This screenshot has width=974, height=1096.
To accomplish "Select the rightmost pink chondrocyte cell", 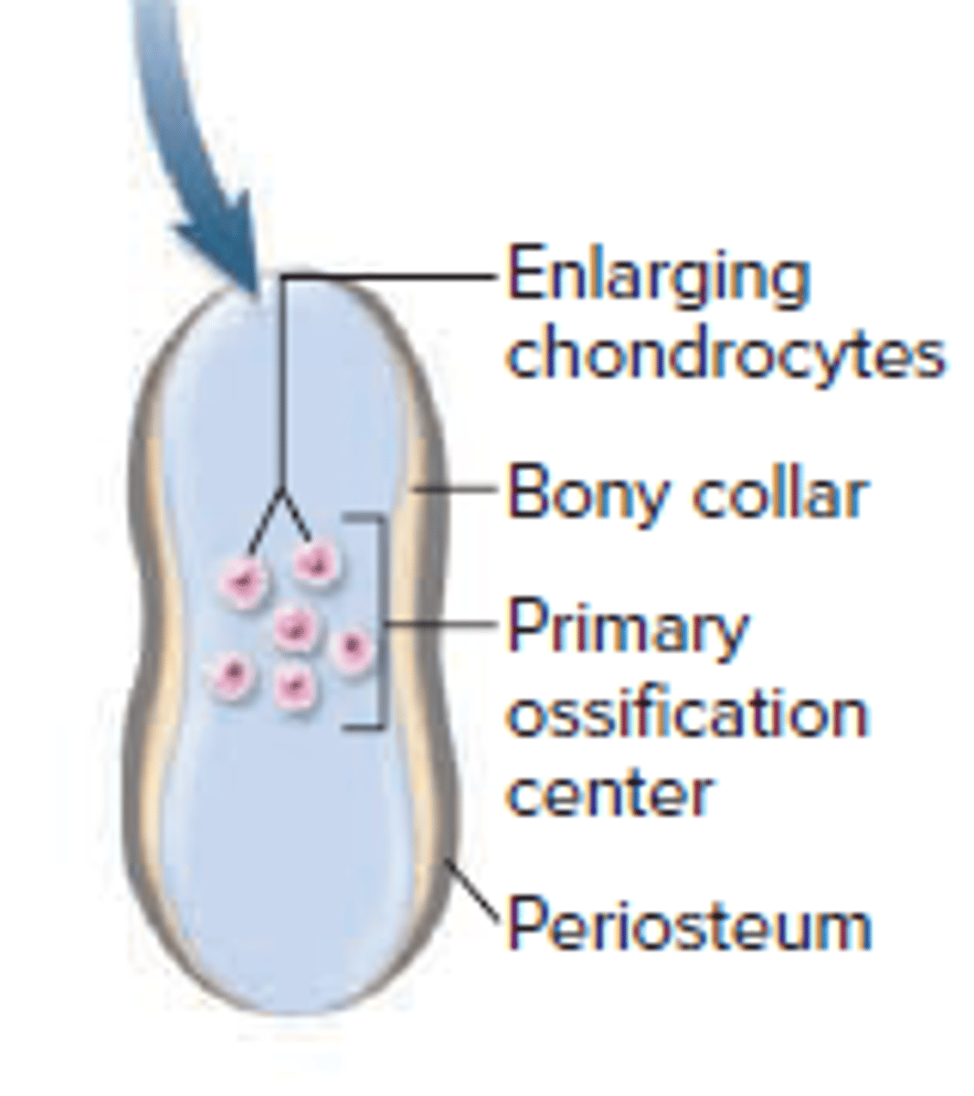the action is (x=352, y=648).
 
